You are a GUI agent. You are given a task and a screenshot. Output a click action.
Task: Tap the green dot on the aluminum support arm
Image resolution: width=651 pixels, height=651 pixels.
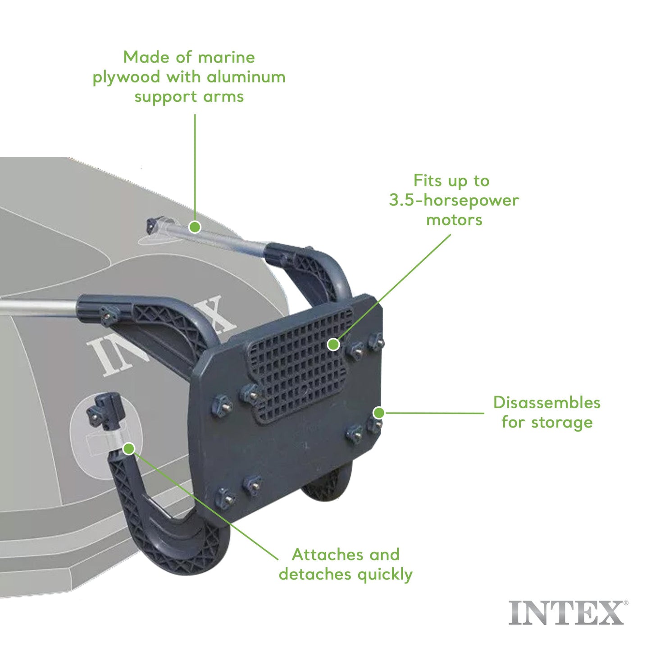[195, 227]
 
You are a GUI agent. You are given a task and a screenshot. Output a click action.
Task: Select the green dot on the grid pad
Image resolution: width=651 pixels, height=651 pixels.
[333, 345]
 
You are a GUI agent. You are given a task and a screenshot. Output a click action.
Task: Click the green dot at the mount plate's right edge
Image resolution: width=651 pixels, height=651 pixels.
[379, 413]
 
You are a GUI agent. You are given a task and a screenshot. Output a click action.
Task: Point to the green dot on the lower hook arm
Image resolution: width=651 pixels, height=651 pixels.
[129, 449]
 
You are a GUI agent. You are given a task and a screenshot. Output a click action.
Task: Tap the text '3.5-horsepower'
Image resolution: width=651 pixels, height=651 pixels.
[454, 200]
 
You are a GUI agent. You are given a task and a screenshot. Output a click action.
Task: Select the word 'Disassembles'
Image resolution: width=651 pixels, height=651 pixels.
[546, 403]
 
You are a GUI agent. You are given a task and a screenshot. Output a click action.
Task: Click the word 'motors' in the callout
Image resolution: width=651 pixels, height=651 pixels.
[454, 220]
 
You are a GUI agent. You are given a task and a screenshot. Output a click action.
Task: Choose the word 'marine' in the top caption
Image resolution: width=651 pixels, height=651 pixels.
[226, 58]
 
